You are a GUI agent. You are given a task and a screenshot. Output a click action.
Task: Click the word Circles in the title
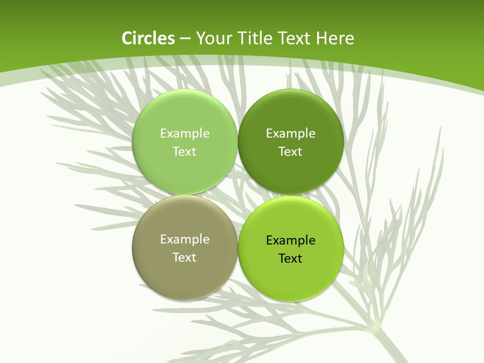pos(148,38)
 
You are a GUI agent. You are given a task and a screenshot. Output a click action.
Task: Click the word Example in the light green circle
pos(185,133)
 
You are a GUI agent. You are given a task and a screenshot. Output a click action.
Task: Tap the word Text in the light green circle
pos(185,151)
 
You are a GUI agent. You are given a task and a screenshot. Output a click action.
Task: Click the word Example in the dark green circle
pos(290,133)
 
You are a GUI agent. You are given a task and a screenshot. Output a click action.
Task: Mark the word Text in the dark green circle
pos(290,151)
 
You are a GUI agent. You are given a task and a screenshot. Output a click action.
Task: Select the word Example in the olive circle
pos(185,239)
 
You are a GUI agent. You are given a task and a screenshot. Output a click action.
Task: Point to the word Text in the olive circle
pos(185,257)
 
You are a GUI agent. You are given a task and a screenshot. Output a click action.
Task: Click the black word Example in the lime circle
pos(290,240)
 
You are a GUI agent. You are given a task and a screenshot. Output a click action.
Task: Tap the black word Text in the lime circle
pos(290,258)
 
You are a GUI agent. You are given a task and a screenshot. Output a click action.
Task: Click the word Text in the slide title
pos(295,38)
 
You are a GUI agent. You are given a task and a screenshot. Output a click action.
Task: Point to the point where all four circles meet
pos(237,195)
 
